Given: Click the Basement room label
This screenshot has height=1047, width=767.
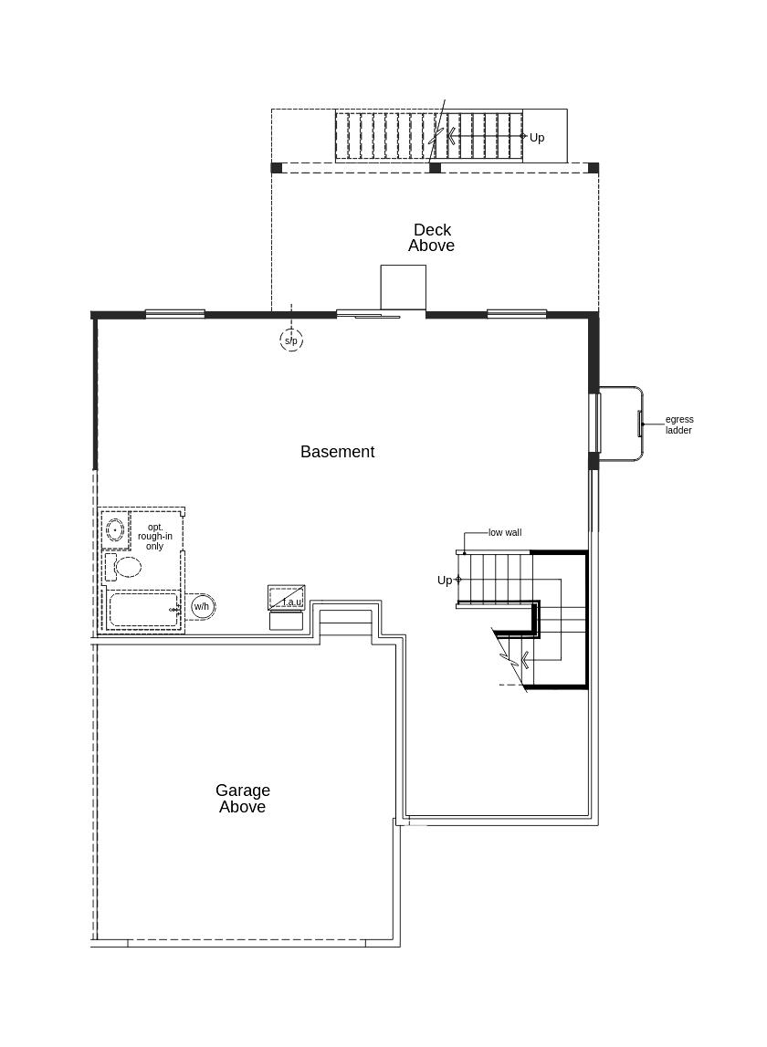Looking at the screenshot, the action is (338, 452).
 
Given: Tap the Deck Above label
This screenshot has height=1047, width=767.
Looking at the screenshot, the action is (432, 237).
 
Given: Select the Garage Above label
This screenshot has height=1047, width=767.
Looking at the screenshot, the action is (243, 799).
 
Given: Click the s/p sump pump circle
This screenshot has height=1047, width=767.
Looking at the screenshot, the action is (291, 340).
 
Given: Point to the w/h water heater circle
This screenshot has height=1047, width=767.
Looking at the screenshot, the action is (202, 607).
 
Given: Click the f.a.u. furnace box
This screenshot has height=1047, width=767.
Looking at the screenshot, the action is (287, 597).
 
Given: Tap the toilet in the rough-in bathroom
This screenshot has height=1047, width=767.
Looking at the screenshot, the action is (123, 568).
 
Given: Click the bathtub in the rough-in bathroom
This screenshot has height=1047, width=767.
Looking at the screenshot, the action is (143, 609).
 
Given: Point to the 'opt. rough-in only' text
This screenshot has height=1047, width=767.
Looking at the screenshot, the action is (155, 537).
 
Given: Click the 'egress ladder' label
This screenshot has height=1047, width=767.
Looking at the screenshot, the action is (679, 424).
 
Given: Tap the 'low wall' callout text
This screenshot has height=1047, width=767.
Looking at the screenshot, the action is (505, 533).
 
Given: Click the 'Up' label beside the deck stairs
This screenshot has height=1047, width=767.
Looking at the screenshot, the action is (537, 138).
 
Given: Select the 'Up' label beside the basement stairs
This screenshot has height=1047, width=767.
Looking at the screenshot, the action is (445, 581).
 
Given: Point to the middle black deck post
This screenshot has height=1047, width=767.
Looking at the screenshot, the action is (435, 168).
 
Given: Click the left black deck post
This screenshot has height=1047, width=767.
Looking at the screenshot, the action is (277, 168).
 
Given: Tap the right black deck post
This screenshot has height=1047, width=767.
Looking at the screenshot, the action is (593, 168).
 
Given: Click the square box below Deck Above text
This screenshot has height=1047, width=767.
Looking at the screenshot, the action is (403, 288).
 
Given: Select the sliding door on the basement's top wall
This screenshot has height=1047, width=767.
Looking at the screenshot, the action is (368, 314).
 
